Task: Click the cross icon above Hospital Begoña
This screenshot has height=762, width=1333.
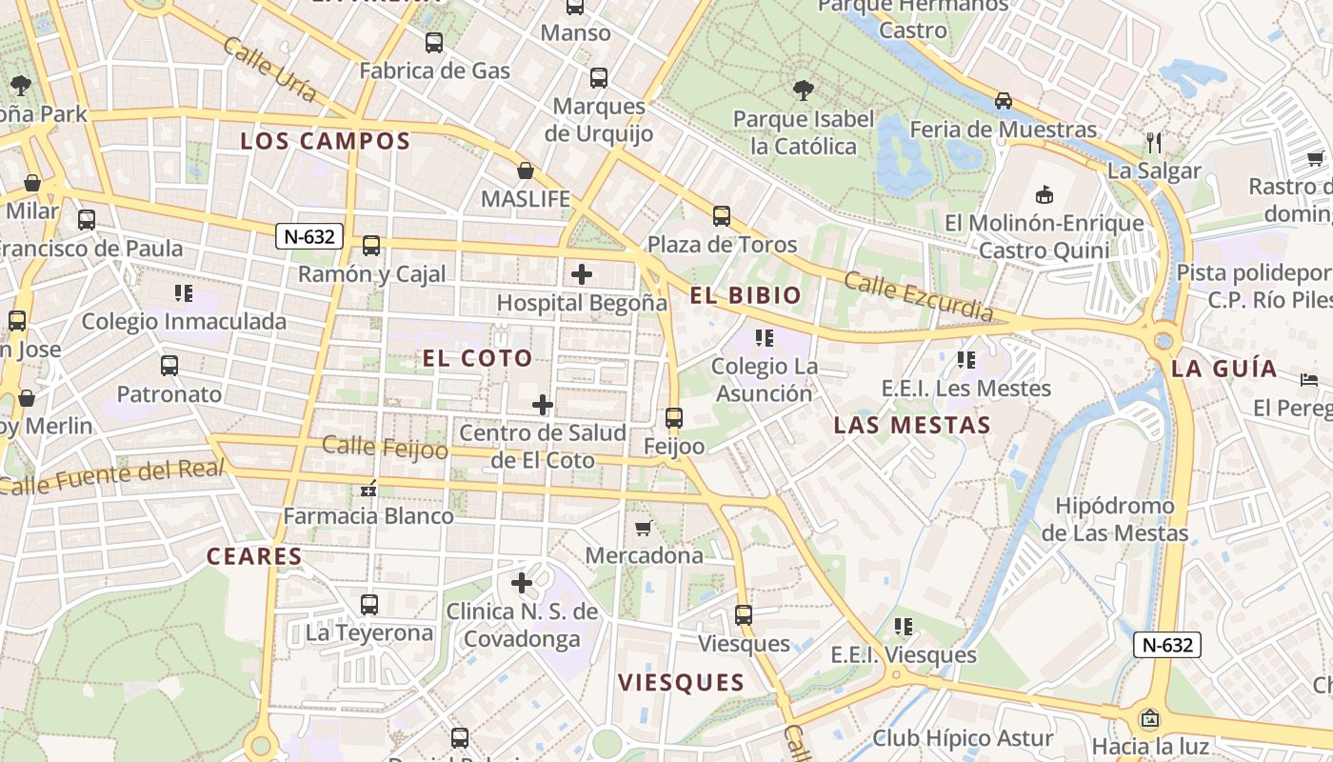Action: click(581, 275)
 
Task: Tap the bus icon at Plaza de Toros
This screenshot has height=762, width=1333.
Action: click(722, 216)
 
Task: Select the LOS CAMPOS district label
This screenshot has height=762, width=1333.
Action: click(325, 142)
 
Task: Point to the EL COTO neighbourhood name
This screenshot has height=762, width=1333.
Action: click(477, 359)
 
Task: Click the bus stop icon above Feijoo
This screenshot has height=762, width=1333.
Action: click(674, 418)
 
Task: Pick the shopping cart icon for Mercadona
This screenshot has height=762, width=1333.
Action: click(644, 528)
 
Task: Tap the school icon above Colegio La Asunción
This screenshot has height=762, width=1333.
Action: click(764, 338)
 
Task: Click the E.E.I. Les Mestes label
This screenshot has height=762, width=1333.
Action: click(965, 389)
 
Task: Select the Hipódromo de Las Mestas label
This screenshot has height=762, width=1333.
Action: click(1114, 519)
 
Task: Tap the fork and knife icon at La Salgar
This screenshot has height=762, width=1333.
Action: click(1154, 143)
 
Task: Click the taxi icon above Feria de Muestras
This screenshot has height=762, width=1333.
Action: click(1003, 101)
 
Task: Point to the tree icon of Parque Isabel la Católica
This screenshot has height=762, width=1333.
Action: click(804, 90)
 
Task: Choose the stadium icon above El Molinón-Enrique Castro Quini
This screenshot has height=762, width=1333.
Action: click(1045, 194)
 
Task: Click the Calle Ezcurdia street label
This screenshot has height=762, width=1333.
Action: click(918, 296)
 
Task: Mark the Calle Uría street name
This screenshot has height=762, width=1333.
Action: click(270, 70)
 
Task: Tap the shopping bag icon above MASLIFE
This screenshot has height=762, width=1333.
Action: click(525, 170)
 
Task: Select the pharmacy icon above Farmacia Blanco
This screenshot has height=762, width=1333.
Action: click(368, 489)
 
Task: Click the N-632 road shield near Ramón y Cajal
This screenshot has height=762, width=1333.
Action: click(309, 236)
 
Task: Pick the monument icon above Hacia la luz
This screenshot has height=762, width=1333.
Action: click(1150, 718)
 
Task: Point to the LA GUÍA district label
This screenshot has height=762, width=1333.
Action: click(1224, 369)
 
